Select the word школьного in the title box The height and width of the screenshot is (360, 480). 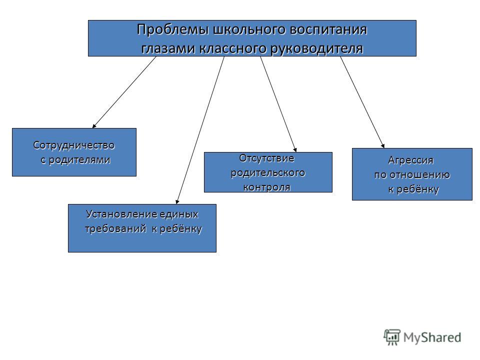click(x=248, y=30)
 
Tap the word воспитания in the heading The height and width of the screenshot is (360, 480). click(x=328, y=30)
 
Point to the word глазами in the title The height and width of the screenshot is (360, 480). click(x=168, y=48)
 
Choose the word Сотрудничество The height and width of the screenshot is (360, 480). click(x=74, y=145)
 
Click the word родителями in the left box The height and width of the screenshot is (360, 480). click(x=79, y=160)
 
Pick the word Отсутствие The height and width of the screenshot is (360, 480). click(x=266, y=158)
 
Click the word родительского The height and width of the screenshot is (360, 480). click(x=268, y=173)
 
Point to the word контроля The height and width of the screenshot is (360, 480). click(x=266, y=187)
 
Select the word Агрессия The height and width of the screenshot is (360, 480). click(x=411, y=160)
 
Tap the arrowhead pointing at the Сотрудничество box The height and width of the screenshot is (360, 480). click(x=94, y=125)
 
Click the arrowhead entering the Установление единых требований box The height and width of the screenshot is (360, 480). click(x=177, y=201)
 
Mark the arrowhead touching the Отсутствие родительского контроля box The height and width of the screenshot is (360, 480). click(x=295, y=149)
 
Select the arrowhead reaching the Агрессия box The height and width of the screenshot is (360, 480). click(x=382, y=145)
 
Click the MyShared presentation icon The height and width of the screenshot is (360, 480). click(x=392, y=337)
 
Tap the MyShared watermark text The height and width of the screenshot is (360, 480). click(x=432, y=337)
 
